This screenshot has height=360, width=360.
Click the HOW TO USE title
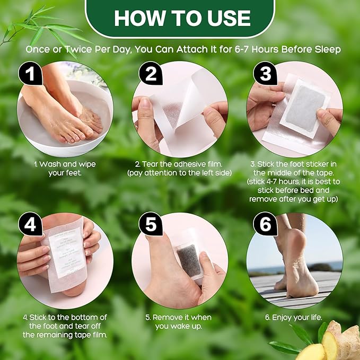coord(182,18)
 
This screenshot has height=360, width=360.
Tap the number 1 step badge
coord(31,74)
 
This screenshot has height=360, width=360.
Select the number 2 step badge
coord(151,74)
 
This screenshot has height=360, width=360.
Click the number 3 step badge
coord(266,74)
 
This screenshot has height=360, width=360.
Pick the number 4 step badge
coord(31,225)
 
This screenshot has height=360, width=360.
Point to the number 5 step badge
coord(151,225)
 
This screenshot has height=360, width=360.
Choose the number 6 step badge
coord(266,225)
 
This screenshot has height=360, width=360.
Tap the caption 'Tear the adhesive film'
coord(180,164)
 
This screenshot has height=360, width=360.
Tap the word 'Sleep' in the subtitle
coord(328,49)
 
